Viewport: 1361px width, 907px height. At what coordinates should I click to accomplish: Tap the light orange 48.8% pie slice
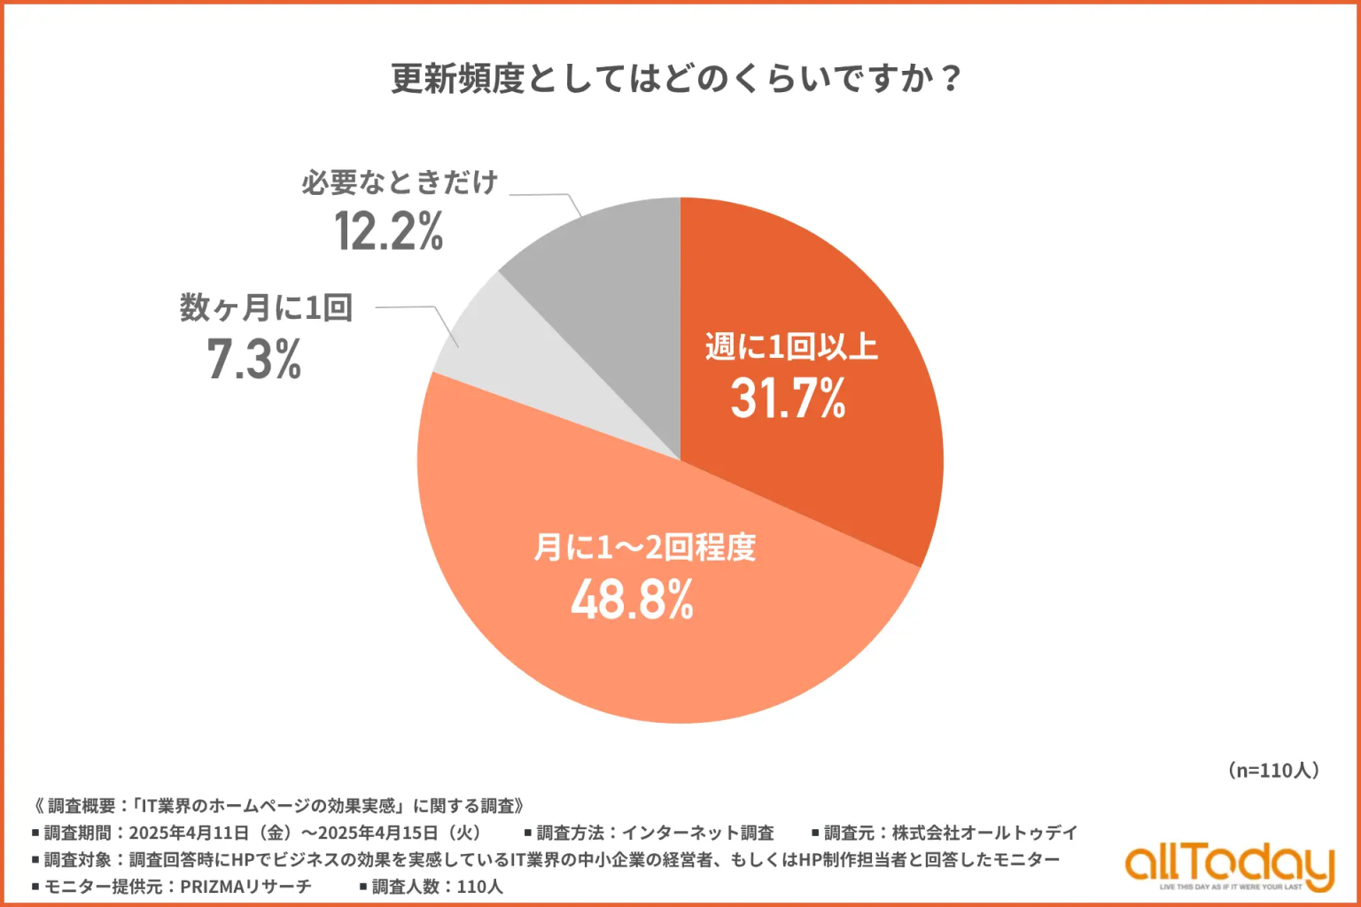tap(620, 638)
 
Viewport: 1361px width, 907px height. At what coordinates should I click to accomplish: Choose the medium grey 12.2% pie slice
tap(611, 266)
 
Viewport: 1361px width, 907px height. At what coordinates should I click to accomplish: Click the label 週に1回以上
tap(791, 345)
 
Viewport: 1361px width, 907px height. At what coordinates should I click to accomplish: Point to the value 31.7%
tap(788, 398)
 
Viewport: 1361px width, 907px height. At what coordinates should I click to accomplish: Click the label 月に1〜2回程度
tap(644, 547)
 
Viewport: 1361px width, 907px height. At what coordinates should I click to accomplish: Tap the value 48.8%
tap(632, 601)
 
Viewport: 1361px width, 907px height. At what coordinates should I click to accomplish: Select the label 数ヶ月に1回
tap(267, 307)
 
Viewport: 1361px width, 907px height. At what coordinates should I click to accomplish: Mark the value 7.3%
tap(254, 360)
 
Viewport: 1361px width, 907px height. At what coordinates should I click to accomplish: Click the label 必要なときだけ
tap(400, 182)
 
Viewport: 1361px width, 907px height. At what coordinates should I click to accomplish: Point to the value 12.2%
tap(389, 231)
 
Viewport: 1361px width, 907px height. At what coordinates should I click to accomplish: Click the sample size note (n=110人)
tap(1273, 771)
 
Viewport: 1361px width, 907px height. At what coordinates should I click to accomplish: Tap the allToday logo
tap(1229, 865)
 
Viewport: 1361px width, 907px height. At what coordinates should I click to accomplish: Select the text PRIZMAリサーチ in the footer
tap(245, 887)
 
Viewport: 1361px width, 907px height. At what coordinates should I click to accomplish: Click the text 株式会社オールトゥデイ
tap(984, 833)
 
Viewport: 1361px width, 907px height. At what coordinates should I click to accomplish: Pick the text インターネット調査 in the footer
tap(697, 833)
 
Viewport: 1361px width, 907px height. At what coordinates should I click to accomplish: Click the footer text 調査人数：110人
tap(437, 887)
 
